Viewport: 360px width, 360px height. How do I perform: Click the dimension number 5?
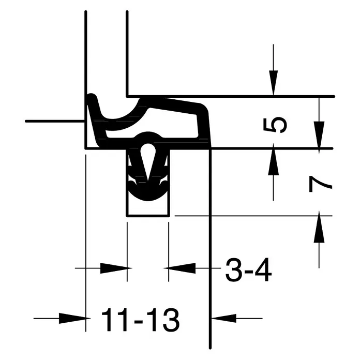click(x=275, y=125)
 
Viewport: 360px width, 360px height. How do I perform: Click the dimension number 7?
click(x=321, y=184)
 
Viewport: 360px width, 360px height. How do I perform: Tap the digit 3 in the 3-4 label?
click(x=234, y=270)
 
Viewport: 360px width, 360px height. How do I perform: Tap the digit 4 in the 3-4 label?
click(x=263, y=270)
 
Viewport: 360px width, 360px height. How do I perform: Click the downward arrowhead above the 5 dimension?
click(x=273, y=83)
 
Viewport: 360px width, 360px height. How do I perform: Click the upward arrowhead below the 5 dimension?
click(x=273, y=162)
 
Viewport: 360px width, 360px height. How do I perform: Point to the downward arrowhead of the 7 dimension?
click(x=319, y=135)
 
